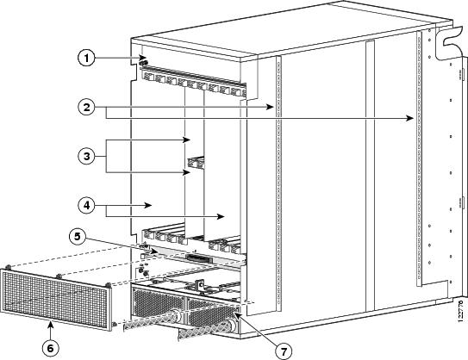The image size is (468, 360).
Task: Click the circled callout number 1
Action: click(x=86, y=58)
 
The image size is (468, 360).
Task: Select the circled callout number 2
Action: click(x=86, y=107)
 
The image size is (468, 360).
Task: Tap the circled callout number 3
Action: click(x=86, y=156)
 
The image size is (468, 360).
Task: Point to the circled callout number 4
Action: click(x=86, y=205)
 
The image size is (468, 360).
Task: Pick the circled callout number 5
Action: click(x=78, y=237)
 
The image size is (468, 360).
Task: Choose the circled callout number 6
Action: click(x=51, y=348)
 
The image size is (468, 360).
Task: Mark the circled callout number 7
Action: click(x=284, y=351)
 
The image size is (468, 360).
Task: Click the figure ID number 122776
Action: click(x=461, y=311)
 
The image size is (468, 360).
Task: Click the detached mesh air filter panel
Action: click(x=56, y=299)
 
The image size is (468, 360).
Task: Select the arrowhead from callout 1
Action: click(x=143, y=58)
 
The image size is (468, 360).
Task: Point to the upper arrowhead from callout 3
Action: click(x=187, y=140)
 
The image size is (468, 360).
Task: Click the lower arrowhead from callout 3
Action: click(x=186, y=172)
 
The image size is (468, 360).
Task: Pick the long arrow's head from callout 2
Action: click(x=410, y=118)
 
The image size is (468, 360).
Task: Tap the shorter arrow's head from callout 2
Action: click(x=271, y=107)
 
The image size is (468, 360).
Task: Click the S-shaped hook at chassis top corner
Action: click(x=450, y=40)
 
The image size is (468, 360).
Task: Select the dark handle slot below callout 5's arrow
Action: click(x=199, y=258)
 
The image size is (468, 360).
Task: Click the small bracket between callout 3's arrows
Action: click(x=196, y=163)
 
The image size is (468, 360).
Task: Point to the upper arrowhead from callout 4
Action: click(x=148, y=205)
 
